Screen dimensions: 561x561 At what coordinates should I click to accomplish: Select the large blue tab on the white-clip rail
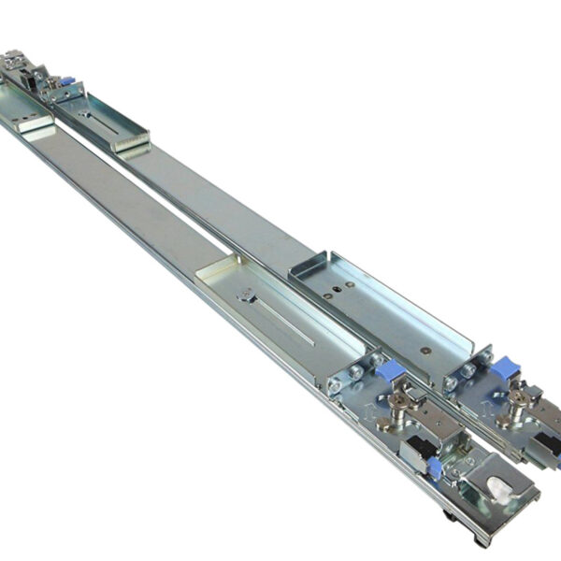390,371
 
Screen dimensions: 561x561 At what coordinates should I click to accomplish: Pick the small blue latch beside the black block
434,467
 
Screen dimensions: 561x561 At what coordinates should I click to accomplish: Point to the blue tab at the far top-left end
66,82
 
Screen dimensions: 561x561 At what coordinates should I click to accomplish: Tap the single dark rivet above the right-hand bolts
425,351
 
